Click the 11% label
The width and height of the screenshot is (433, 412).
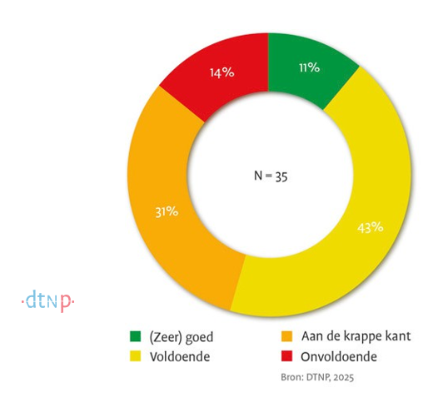coord(308,67)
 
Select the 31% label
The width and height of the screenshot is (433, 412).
coord(166,211)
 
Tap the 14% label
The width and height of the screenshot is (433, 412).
coord(221,73)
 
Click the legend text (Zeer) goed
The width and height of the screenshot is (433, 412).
coord(181,336)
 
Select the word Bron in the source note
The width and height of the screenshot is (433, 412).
coord(311,376)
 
